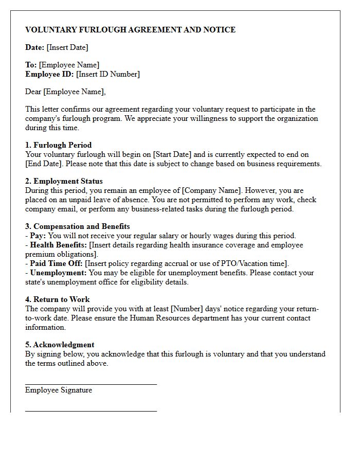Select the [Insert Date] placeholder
(x=67, y=47)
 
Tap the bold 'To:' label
(x=31, y=65)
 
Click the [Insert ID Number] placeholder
(x=108, y=74)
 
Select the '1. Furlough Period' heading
(x=58, y=145)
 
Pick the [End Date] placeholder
(x=42, y=164)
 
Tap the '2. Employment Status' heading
(x=64, y=181)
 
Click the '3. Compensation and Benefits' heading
(x=77, y=226)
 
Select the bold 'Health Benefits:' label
(x=58, y=245)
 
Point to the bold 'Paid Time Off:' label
(x=56, y=263)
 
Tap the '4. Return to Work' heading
(x=57, y=299)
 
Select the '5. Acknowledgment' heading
(x=60, y=345)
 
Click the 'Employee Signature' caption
(x=59, y=390)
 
